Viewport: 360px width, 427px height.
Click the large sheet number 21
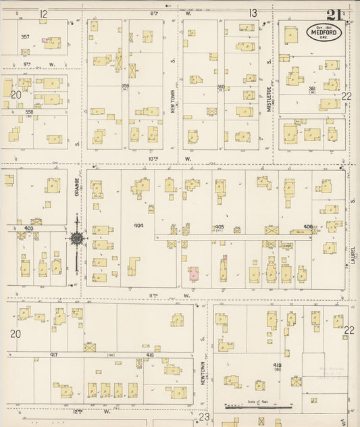coord(333,14)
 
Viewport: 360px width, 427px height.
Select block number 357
coord(26,36)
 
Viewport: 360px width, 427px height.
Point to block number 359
coord(125,86)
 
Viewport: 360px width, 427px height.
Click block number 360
coord(220,86)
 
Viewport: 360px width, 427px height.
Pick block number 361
coord(312,89)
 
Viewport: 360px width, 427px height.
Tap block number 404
coord(138,225)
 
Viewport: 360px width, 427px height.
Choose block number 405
coord(219,227)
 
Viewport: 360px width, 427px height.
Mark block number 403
coord(29,228)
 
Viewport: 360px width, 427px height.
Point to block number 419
coord(277,366)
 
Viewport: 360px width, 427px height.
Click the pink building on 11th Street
coord(193,274)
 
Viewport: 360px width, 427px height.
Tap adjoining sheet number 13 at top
coord(253,13)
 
